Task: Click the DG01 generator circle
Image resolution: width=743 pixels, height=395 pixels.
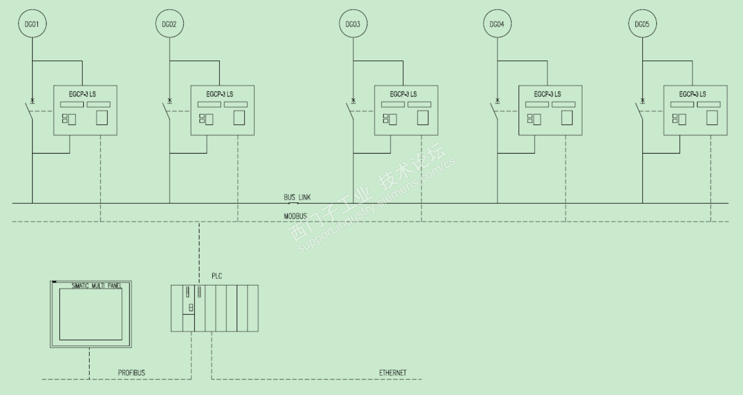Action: (32, 24)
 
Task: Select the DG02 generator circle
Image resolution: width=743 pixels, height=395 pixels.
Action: (169, 24)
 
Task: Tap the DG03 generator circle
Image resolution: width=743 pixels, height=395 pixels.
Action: (353, 24)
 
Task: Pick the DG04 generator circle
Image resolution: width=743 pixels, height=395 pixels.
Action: (497, 24)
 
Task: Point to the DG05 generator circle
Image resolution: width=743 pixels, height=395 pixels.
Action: (642, 24)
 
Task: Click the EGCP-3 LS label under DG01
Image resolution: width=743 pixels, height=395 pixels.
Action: (82, 94)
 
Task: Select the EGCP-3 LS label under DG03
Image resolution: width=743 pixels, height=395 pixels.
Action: (403, 94)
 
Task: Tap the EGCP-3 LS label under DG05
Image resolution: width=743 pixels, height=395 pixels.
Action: (692, 94)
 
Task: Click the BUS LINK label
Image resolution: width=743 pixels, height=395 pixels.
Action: (297, 197)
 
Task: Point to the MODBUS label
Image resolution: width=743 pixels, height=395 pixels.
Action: (295, 216)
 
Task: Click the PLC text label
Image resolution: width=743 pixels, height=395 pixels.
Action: (217, 276)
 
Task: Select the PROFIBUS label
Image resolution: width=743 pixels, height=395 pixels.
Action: (132, 373)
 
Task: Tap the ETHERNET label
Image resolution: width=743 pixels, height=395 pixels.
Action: (392, 373)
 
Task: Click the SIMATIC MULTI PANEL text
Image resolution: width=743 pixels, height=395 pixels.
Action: (96, 286)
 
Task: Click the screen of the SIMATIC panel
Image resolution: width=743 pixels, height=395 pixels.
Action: (91, 315)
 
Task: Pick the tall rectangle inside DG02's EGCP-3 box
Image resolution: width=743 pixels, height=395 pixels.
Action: (239, 118)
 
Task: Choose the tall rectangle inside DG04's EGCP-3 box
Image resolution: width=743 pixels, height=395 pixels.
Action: (567, 118)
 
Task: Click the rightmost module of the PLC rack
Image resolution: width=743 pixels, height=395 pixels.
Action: (252, 308)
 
